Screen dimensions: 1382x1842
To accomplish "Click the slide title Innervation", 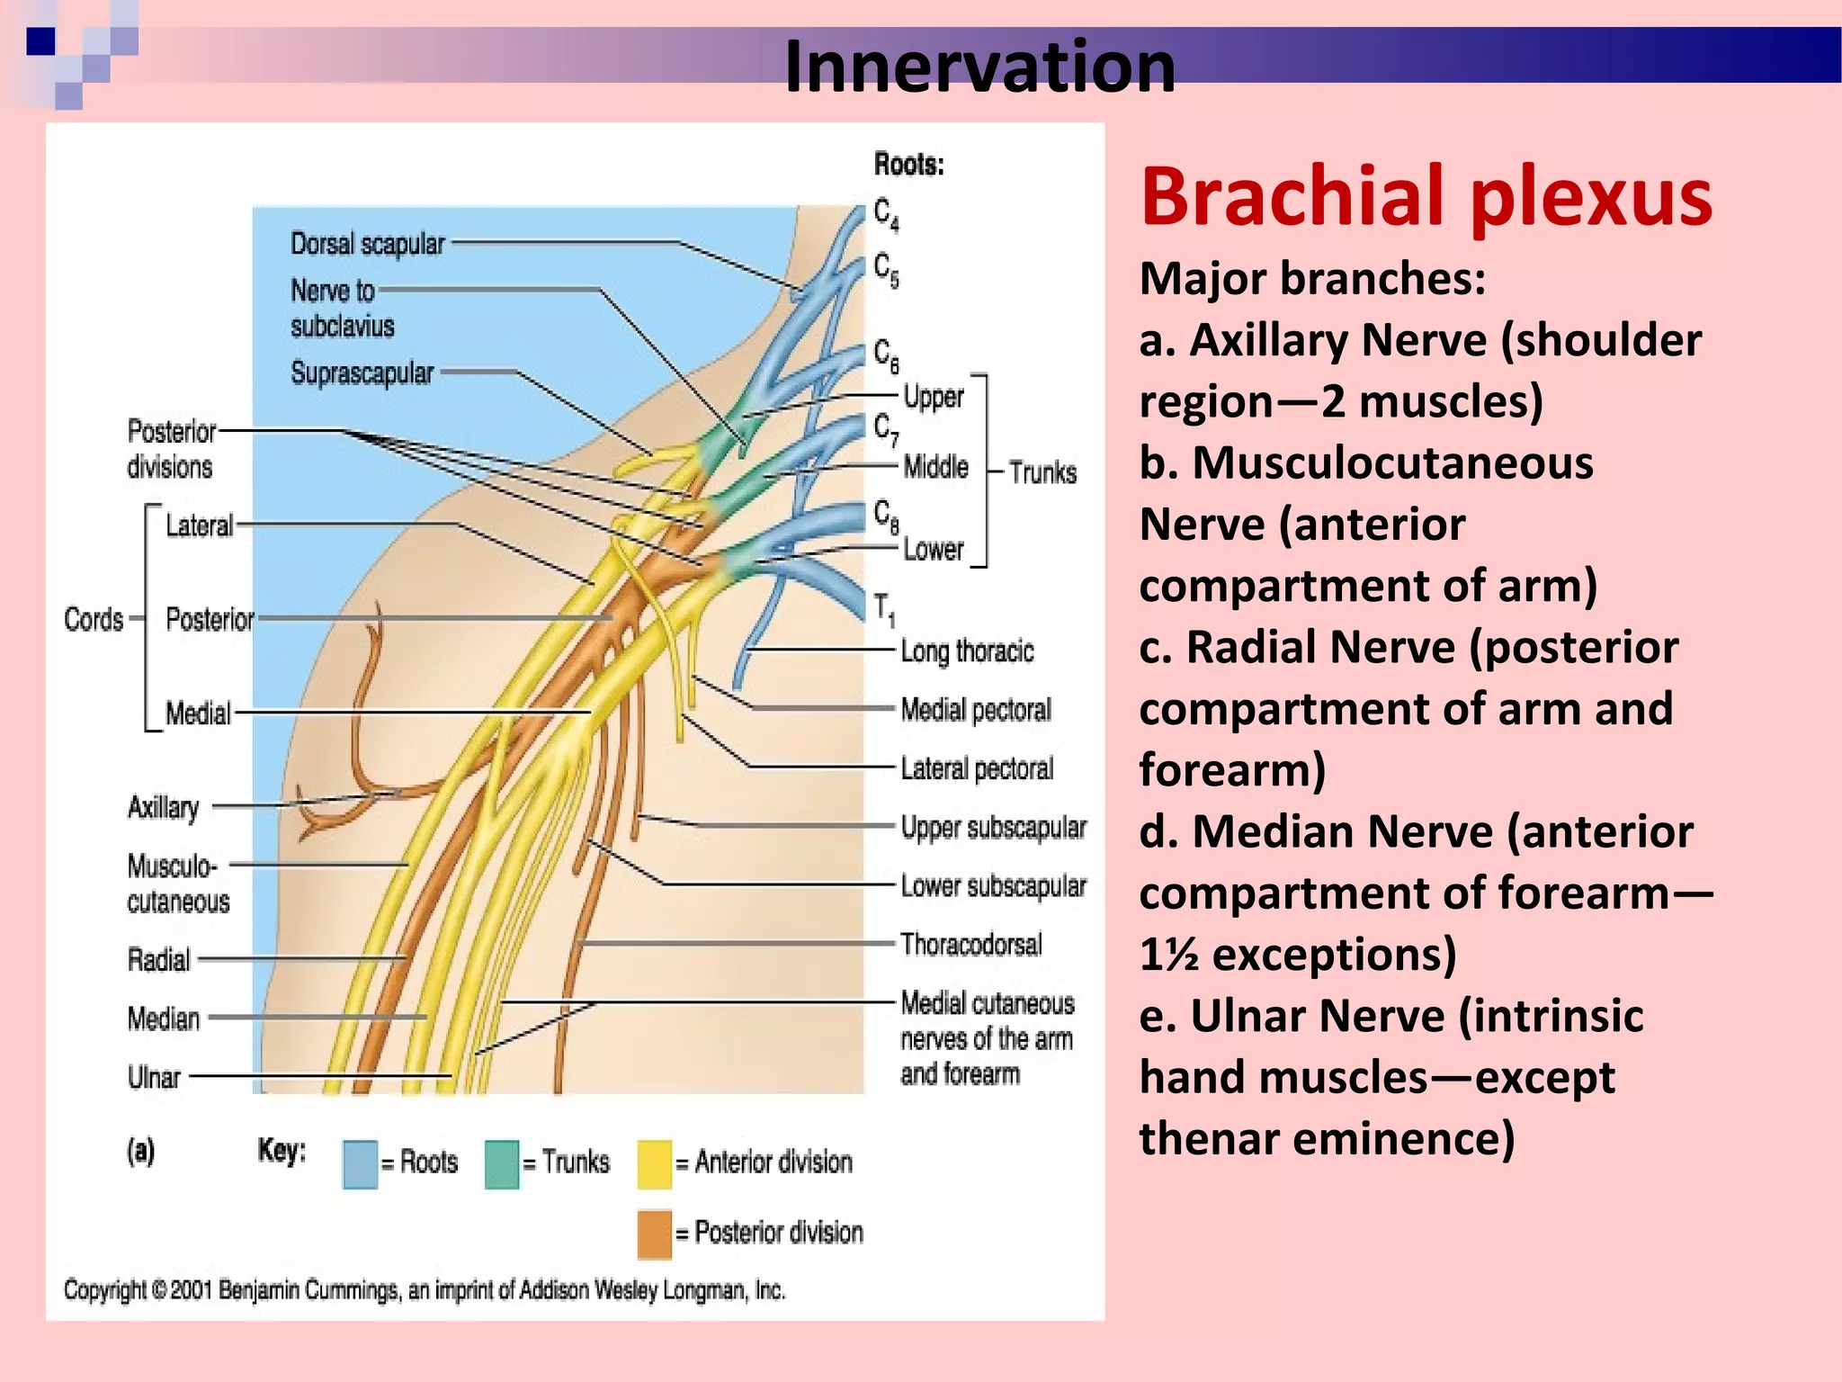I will point(979,67).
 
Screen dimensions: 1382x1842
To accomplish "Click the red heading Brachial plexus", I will point(1426,198).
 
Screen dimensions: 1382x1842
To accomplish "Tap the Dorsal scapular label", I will point(367,244).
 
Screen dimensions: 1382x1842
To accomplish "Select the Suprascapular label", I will point(362,372).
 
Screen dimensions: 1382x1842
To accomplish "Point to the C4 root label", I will point(886,214).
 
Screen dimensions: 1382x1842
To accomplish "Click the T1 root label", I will point(884,609).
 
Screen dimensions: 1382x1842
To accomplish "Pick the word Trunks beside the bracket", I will point(1042,472).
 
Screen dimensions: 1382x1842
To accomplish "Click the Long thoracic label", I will point(967,651).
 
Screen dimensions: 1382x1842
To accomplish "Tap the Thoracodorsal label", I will point(971,944).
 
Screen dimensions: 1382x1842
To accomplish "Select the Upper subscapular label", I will point(993,827).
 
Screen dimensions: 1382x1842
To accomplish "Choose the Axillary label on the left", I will point(163,807).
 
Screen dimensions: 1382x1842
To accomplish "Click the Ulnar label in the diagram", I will point(154,1077).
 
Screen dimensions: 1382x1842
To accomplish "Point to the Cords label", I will point(94,620).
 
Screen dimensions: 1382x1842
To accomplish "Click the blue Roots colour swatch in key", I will point(360,1164).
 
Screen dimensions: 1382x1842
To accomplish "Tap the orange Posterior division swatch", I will point(654,1234).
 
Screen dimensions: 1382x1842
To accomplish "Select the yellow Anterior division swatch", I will point(654,1164).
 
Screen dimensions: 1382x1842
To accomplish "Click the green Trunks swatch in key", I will point(501,1164).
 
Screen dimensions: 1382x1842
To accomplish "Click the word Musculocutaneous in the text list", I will point(1392,463).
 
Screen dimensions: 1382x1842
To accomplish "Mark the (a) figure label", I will point(141,1151).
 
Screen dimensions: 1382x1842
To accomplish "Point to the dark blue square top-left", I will point(40,41).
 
